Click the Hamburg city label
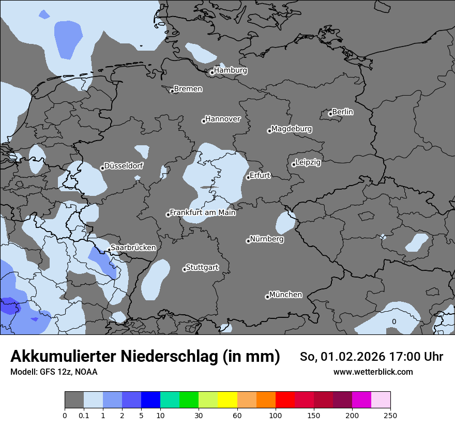point(230,70)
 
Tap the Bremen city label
point(188,89)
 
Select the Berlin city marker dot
point(330,114)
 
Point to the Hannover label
point(223,119)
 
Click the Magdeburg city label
point(291,129)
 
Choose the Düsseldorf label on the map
point(124,166)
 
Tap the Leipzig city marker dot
point(294,164)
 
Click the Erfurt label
point(260,175)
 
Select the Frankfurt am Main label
point(203,212)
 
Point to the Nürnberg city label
point(266,239)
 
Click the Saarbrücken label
point(133,248)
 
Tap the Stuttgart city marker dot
point(185,269)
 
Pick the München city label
point(285,295)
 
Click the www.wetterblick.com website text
point(373,372)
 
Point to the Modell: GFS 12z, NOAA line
point(54,372)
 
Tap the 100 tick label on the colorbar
point(276,415)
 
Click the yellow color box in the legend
point(228,400)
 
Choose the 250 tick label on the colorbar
point(390,415)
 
